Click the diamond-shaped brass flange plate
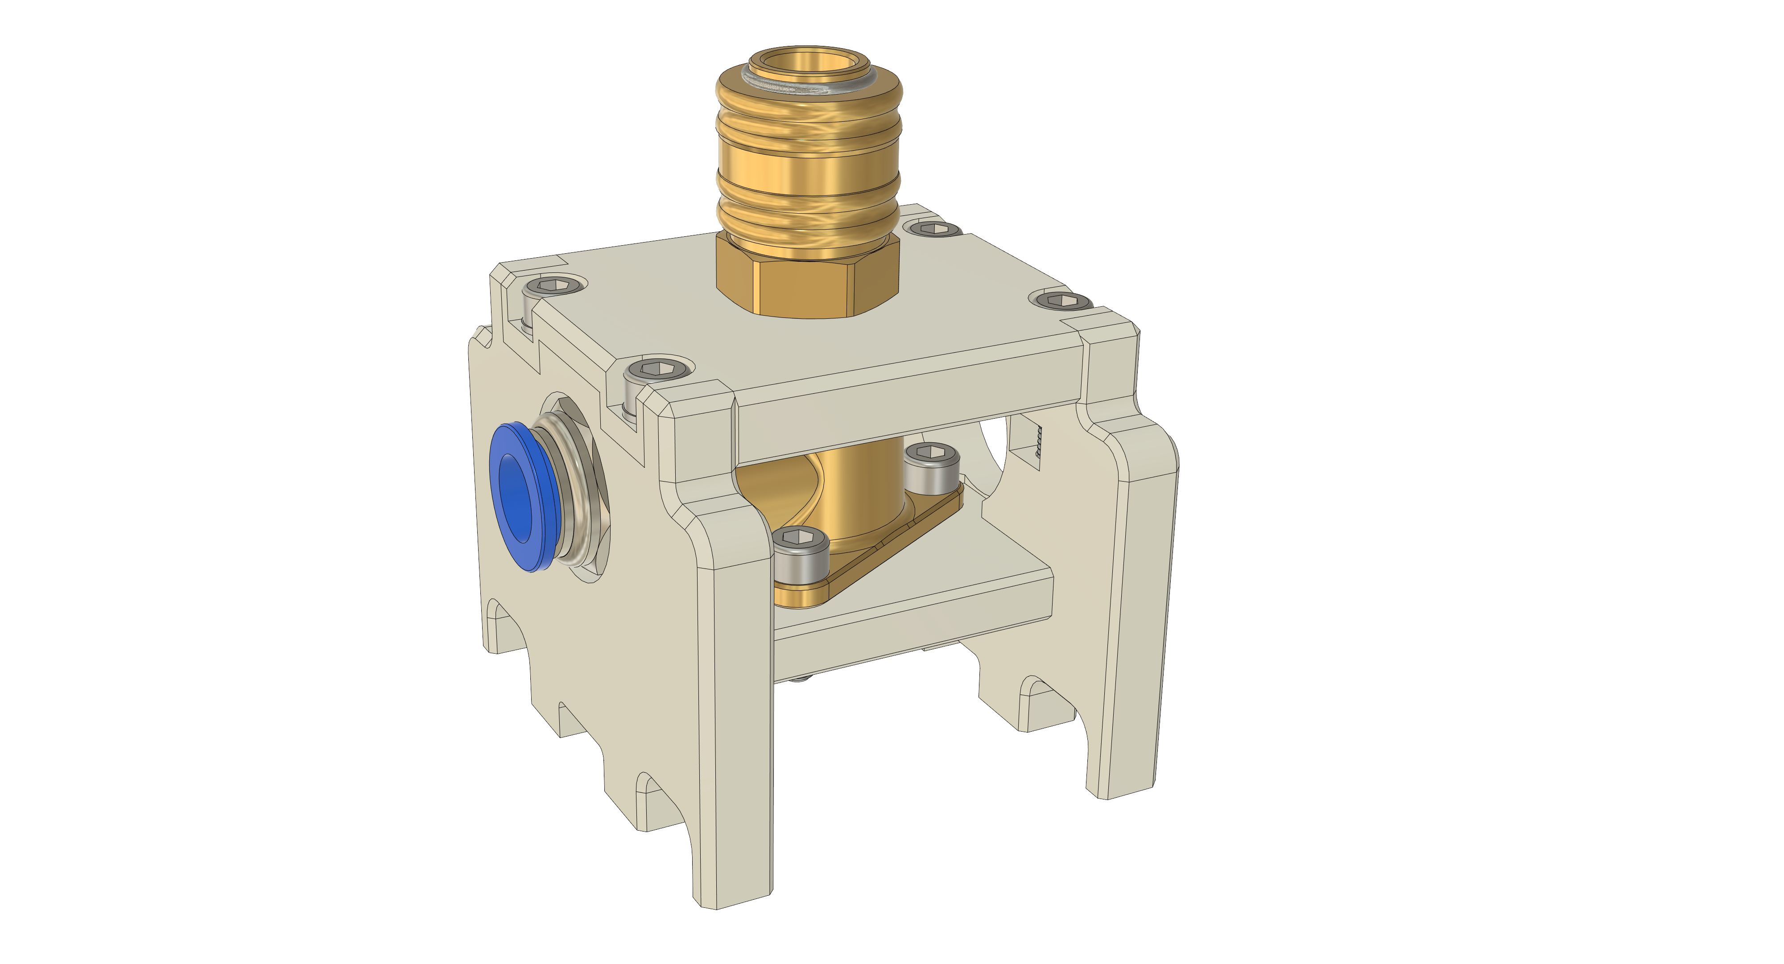[893, 540]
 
